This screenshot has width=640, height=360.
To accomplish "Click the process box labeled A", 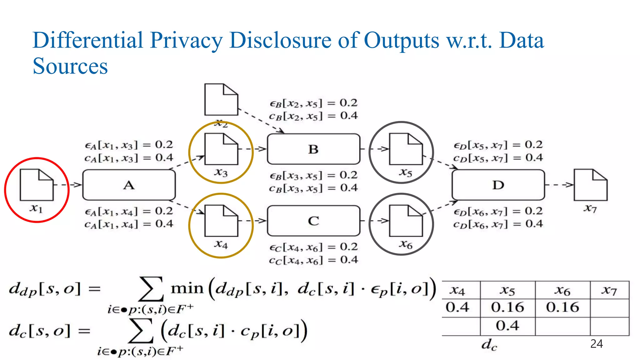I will click(x=129, y=185).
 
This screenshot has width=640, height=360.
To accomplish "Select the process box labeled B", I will click(x=313, y=149).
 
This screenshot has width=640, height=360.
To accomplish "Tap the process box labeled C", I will click(x=313, y=221).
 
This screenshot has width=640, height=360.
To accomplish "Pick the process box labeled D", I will click(x=498, y=185).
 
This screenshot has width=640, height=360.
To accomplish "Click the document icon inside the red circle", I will click(x=36, y=185).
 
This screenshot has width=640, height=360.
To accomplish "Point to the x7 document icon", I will click(x=590, y=185).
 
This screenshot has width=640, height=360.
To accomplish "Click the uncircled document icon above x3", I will click(x=221, y=99).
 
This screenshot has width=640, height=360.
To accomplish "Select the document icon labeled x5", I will click(x=406, y=149).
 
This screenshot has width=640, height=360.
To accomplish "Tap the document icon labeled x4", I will click(x=221, y=221).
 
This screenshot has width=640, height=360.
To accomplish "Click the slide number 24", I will click(x=596, y=344).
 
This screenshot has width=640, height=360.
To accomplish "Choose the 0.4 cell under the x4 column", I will click(x=457, y=307).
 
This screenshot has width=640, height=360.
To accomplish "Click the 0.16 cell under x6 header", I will click(x=562, y=307).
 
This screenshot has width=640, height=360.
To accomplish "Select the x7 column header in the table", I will click(x=609, y=291).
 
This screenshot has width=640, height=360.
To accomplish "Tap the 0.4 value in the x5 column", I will click(x=507, y=326).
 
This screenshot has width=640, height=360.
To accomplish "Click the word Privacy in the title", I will click(x=186, y=41).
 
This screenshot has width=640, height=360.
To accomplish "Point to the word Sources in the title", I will click(x=70, y=66).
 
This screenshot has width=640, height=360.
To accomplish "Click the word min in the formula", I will click(x=187, y=288).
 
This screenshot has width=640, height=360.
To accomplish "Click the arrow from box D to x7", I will click(x=559, y=185).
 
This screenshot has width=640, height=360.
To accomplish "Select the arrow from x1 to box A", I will click(x=67, y=185).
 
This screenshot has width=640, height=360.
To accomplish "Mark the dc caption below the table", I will click(x=489, y=344).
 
